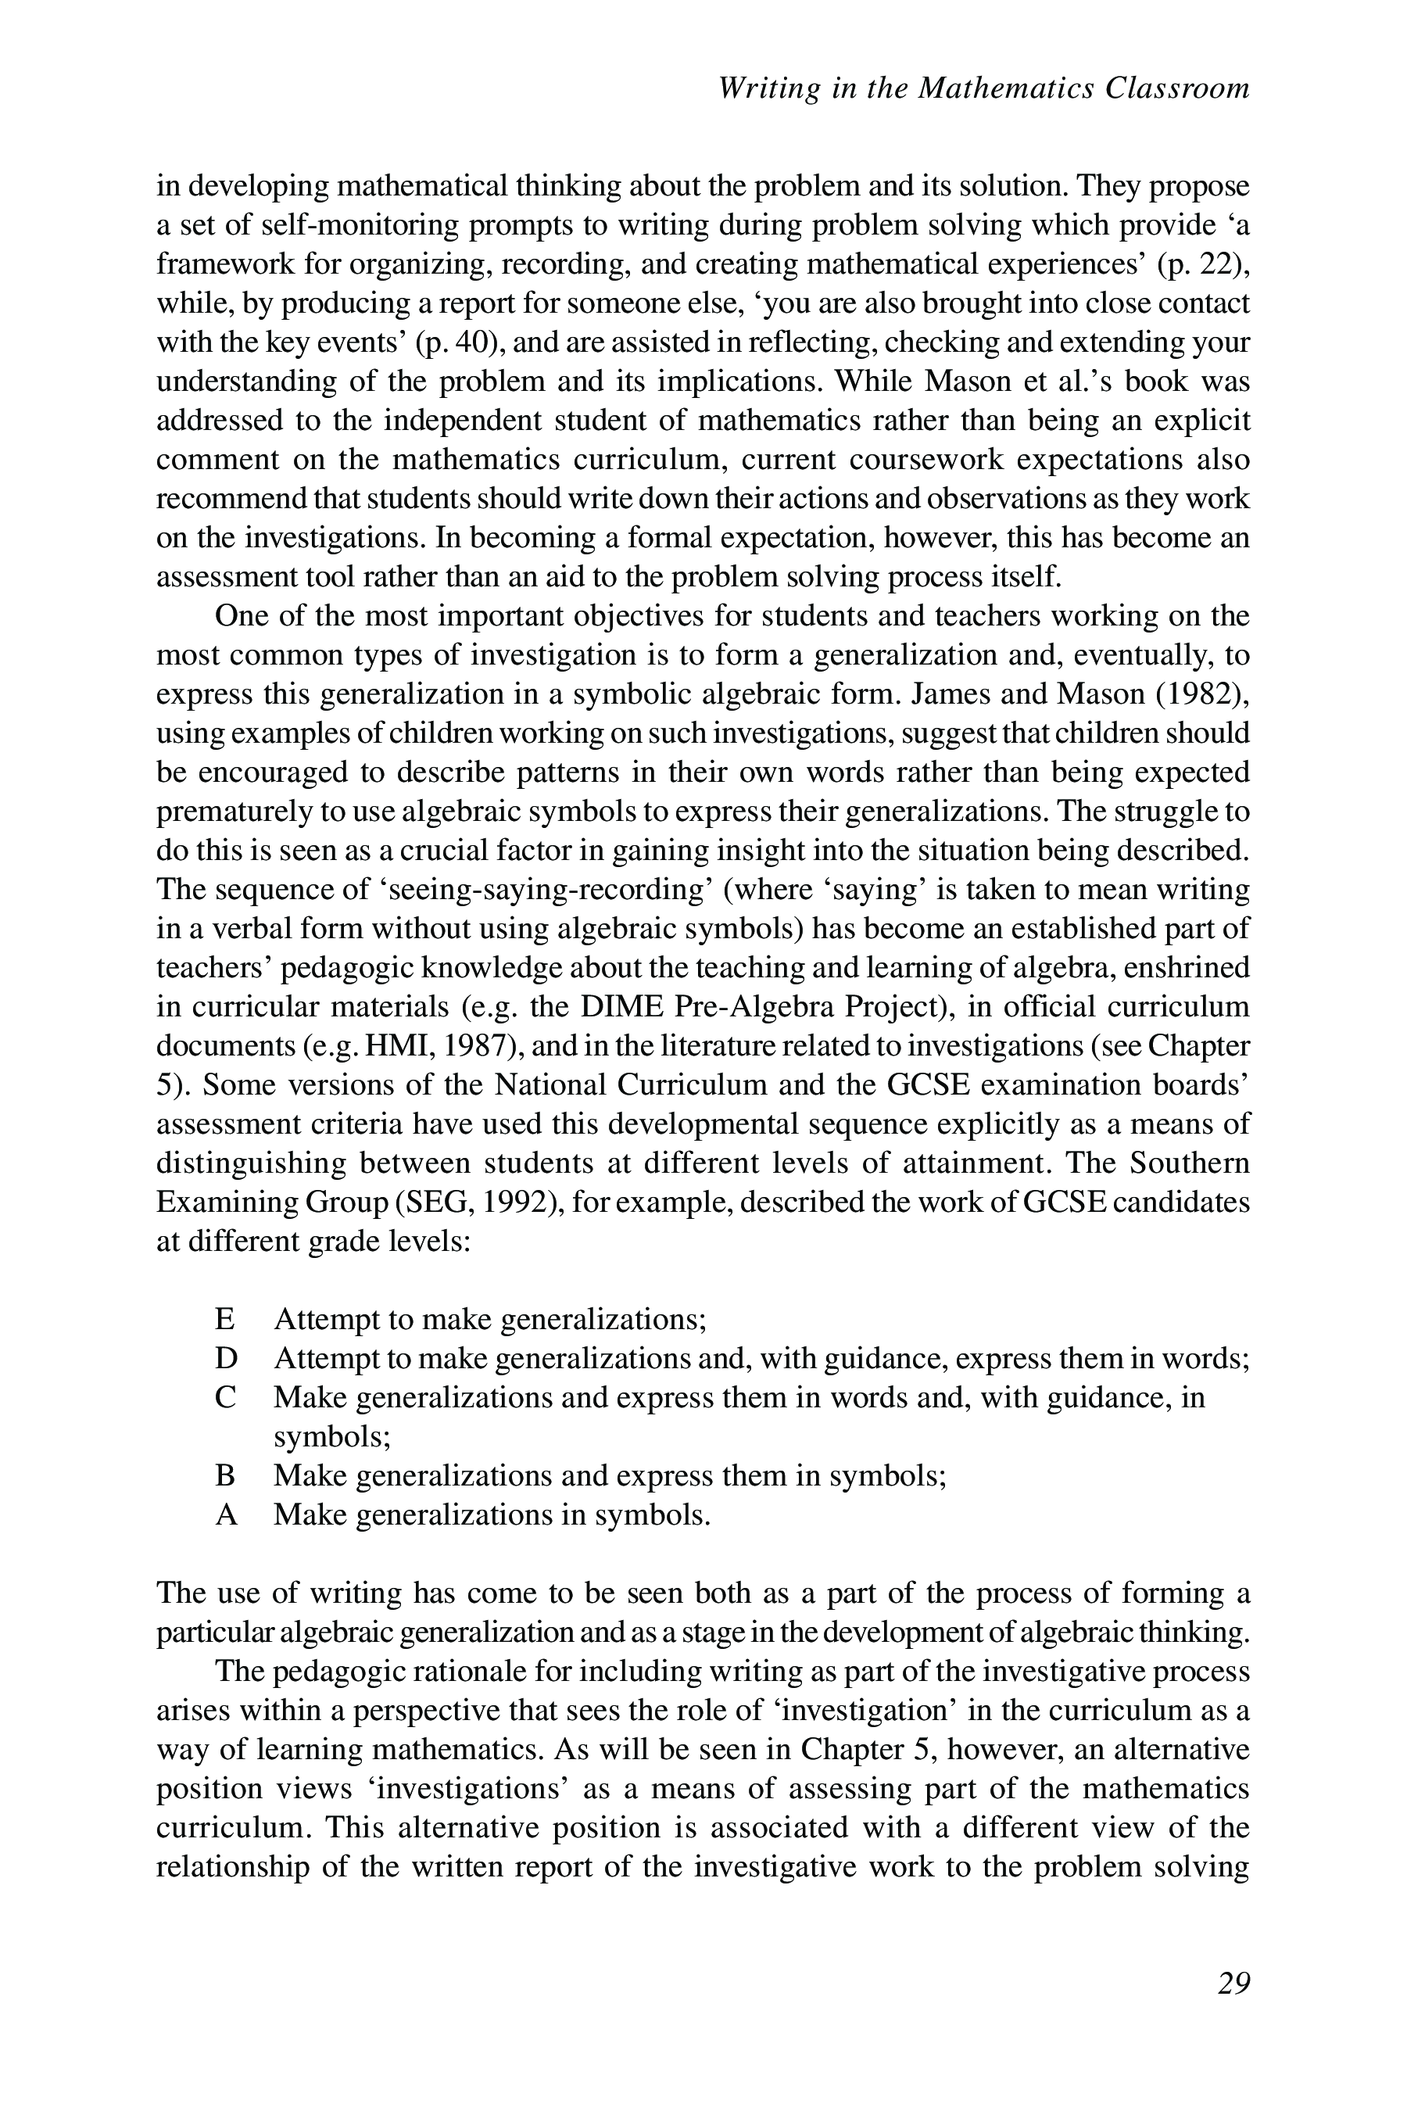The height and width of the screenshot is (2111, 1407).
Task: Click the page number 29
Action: [x=1233, y=1983]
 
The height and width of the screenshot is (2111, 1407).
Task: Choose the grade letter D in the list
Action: [x=226, y=1359]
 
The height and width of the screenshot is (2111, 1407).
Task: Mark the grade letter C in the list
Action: [x=226, y=1397]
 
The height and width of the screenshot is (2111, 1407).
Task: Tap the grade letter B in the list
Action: [x=225, y=1475]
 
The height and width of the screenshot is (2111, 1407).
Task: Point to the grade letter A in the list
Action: [x=226, y=1515]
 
